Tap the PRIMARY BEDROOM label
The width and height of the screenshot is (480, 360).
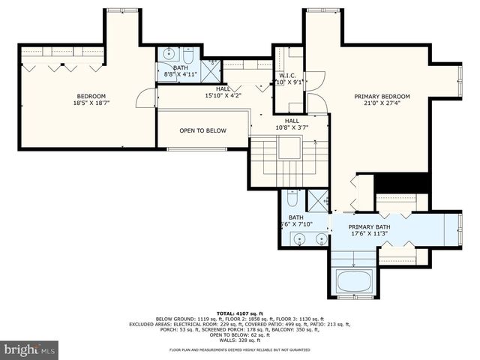click(x=382, y=97)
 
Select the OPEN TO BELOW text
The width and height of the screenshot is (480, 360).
click(x=202, y=130)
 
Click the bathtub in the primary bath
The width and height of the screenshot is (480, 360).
click(x=353, y=282)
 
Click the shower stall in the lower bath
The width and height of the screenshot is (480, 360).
click(x=318, y=199)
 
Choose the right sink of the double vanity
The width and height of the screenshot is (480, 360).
click(x=320, y=239)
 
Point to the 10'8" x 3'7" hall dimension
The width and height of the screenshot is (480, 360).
click(x=291, y=128)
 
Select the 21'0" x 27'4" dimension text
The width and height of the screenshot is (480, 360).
click(x=382, y=105)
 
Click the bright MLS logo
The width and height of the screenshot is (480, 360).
click(x=30, y=349)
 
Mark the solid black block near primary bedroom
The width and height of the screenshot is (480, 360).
click(x=401, y=183)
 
